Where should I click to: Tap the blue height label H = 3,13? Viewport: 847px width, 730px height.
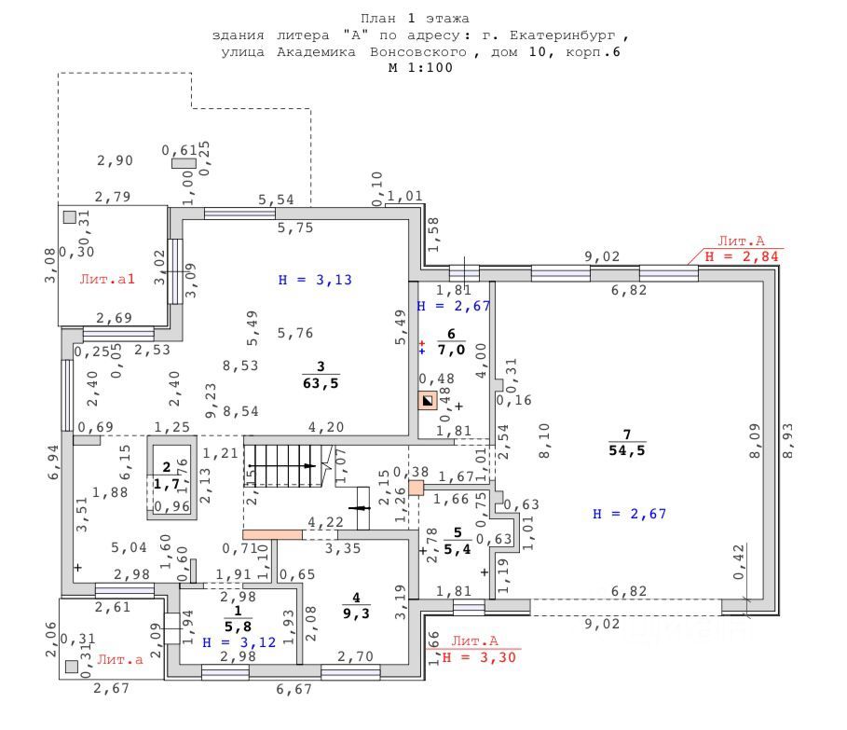[317, 279]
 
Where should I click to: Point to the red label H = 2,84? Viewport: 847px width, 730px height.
[742, 256]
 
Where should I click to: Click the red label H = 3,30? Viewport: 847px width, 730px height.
[479, 657]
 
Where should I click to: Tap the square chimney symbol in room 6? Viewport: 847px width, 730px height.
[427, 402]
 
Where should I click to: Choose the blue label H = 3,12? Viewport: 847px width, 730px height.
[239, 643]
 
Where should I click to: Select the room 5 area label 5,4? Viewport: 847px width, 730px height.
[457, 548]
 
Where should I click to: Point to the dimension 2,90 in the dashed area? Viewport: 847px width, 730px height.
[115, 160]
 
